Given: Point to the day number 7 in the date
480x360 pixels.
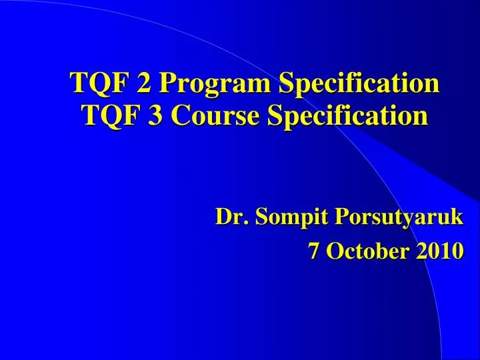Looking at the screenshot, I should pos(313,251).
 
